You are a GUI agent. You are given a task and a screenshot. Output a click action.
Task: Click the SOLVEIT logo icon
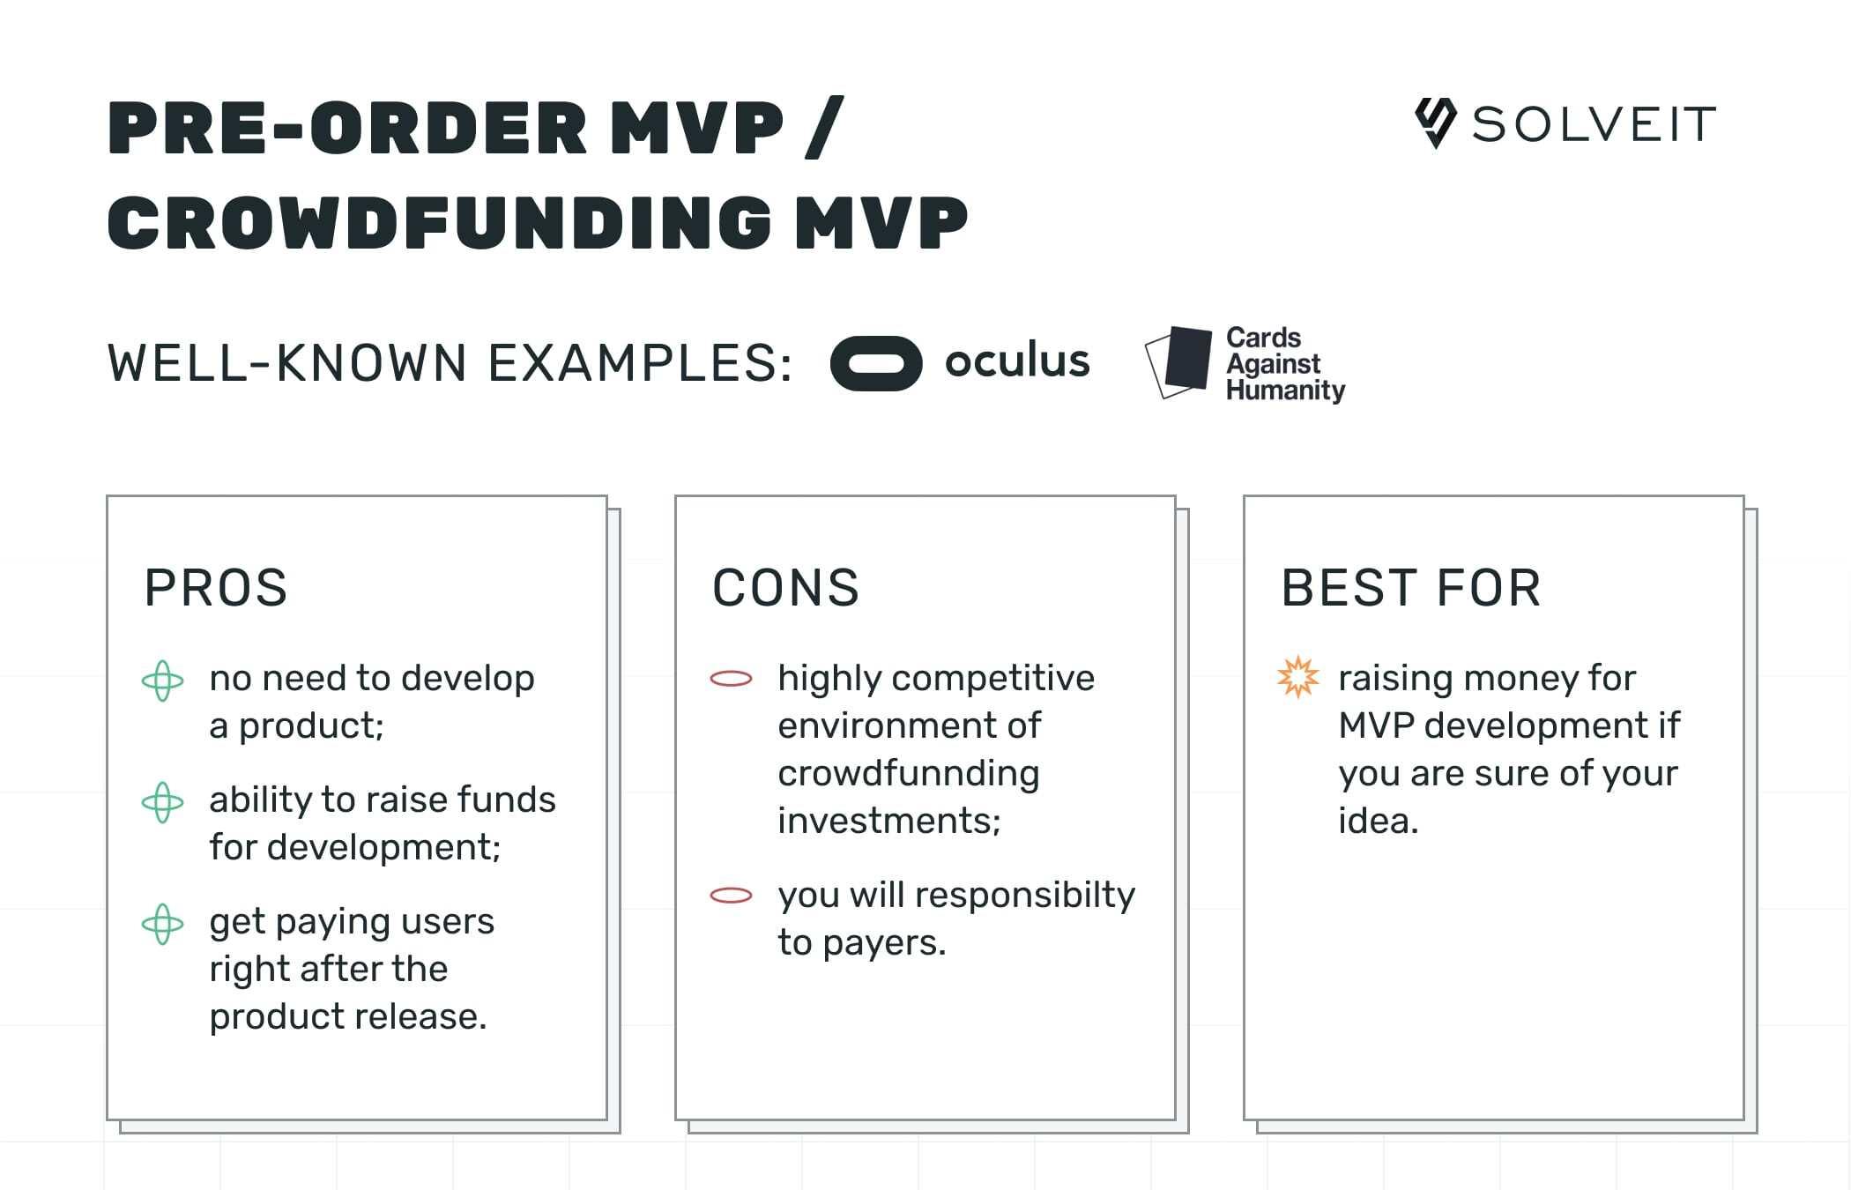(x=1435, y=123)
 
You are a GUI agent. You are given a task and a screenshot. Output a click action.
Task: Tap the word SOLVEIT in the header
(x=1595, y=124)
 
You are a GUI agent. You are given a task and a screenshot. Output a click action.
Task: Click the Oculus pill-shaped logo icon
(x=876, y=363)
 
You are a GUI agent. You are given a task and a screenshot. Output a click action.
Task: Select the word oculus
(x=1017, y=361)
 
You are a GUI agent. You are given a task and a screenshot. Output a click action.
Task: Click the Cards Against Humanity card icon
(x=1179, y=361)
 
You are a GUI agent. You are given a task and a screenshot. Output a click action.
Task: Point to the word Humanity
(x=1285, y=390)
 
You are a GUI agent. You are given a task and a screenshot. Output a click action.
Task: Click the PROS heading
(x=216, y=588)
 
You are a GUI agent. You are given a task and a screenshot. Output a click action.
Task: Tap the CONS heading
(x=785, y=588)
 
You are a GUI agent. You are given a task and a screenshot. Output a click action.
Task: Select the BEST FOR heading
(x=1411, y=588)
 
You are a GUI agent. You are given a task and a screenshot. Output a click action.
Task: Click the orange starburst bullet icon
(x=1298, y=678)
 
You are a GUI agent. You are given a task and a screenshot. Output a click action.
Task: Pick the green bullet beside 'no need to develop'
(x=163, y=681)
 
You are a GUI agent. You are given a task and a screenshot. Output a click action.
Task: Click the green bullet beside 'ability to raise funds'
(x=163, y=803)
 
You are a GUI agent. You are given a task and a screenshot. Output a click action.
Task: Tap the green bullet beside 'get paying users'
(x=163, y=925)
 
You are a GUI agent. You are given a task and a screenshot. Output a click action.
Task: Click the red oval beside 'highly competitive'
(x=731, y=679)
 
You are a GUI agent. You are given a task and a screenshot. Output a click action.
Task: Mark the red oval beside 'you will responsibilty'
(x=731, y=896)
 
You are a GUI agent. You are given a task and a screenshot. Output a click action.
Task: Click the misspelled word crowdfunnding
(x=908, y=774)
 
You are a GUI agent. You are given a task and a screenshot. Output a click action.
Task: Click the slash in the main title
(x=825, y=128)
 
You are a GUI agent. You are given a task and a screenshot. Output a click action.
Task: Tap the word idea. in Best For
(x=1378, y=822)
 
